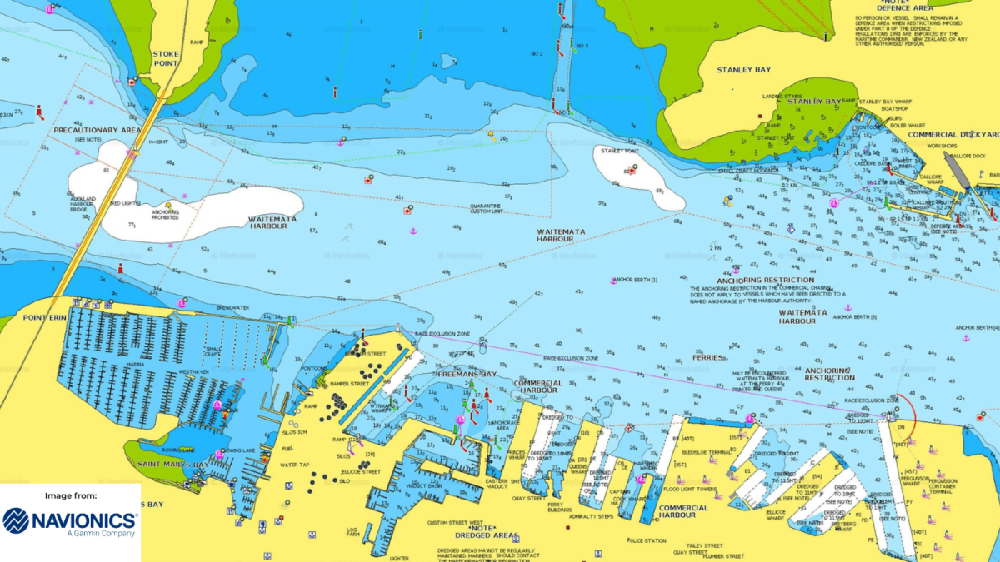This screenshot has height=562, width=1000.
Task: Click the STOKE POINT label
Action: (x=166, y=58)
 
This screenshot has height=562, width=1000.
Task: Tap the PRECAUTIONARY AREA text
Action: (x=97, y=131)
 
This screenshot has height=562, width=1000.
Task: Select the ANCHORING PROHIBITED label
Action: (x=165, y=214)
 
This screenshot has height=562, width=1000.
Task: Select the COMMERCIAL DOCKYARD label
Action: (x=953, y=135)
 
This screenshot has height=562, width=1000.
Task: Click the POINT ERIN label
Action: (x=44, y=318)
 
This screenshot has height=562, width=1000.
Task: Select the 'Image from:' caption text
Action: (x=71, y=495)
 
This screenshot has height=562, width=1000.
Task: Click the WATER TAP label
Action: (x=294, y=465)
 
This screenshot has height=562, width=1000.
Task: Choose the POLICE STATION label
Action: (x=647, y=540)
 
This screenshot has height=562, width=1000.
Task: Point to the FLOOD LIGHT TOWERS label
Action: (x=689, y=489)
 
